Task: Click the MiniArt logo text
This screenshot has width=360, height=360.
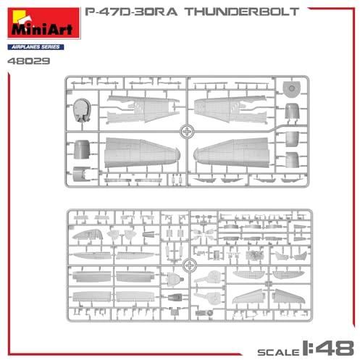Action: click(x=42, y=29)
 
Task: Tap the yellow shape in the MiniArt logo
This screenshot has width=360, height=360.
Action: click(x=19, y=17)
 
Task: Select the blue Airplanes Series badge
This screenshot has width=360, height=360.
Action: click(x=35, y=47)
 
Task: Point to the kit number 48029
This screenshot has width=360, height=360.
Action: click(x=29, y=61)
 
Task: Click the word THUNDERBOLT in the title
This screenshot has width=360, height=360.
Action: click(x=242, y=12)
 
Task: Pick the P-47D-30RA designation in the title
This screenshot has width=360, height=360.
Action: click(x=131, y=12)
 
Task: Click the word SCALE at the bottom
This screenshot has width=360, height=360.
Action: click(x=278, y=352)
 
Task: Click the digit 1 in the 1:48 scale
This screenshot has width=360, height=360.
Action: click(x=306, y=348)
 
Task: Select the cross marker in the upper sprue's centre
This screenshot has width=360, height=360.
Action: click(x=187, y=132)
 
